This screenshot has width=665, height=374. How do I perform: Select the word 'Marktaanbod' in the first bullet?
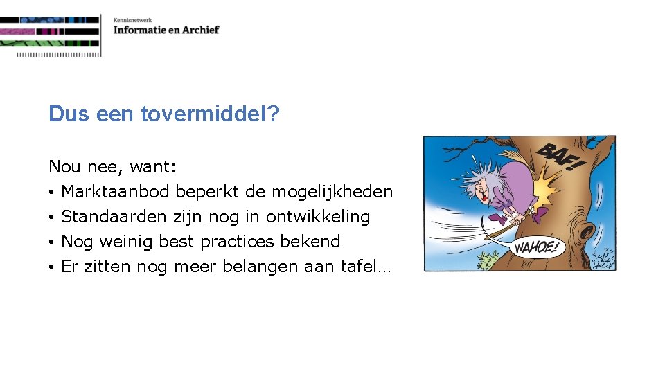pyautogui.click(x=116, y=192)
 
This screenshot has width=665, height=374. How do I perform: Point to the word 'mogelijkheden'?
pyautogui.click(x=332, y=192)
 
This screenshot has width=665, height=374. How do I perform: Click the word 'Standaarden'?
pyautogui.click(x=114, y=217)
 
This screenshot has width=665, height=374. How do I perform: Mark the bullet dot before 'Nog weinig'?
pyautogui.click(x=52, y=242)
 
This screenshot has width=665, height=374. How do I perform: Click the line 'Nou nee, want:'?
pyautogui.click(x=112, y=167)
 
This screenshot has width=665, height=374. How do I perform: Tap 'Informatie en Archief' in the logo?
pyautogui.click(x=166, y=30)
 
